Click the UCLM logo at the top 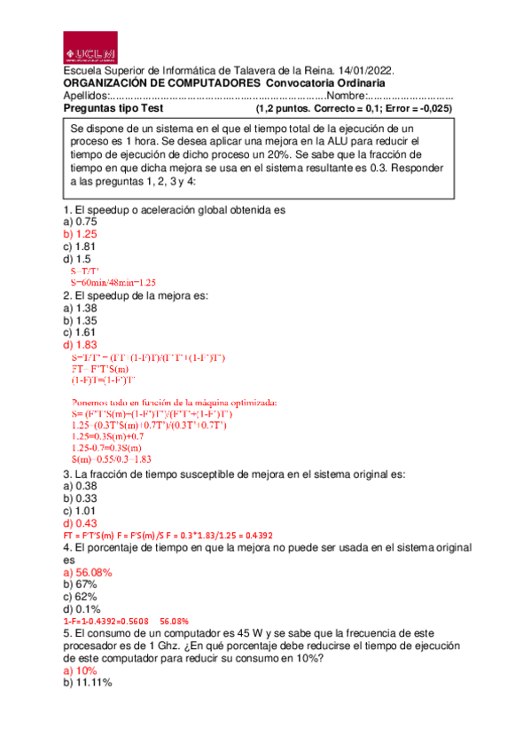click(x=95, y=47)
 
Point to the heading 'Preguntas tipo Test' click(x=114, y=108)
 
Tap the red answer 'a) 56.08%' click(x=87, y=573)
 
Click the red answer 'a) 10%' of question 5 click(x=80, y=670)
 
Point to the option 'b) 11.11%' click(x=87, y=683)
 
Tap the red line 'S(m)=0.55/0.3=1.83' click(x=111, y=458)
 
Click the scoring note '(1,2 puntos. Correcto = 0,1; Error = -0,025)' click(x=354, y=108)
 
